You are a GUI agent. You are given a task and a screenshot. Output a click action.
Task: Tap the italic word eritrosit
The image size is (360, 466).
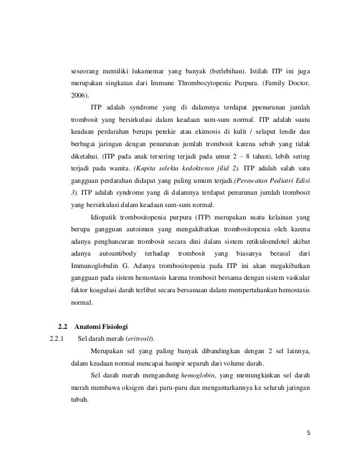pos(140,338)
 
